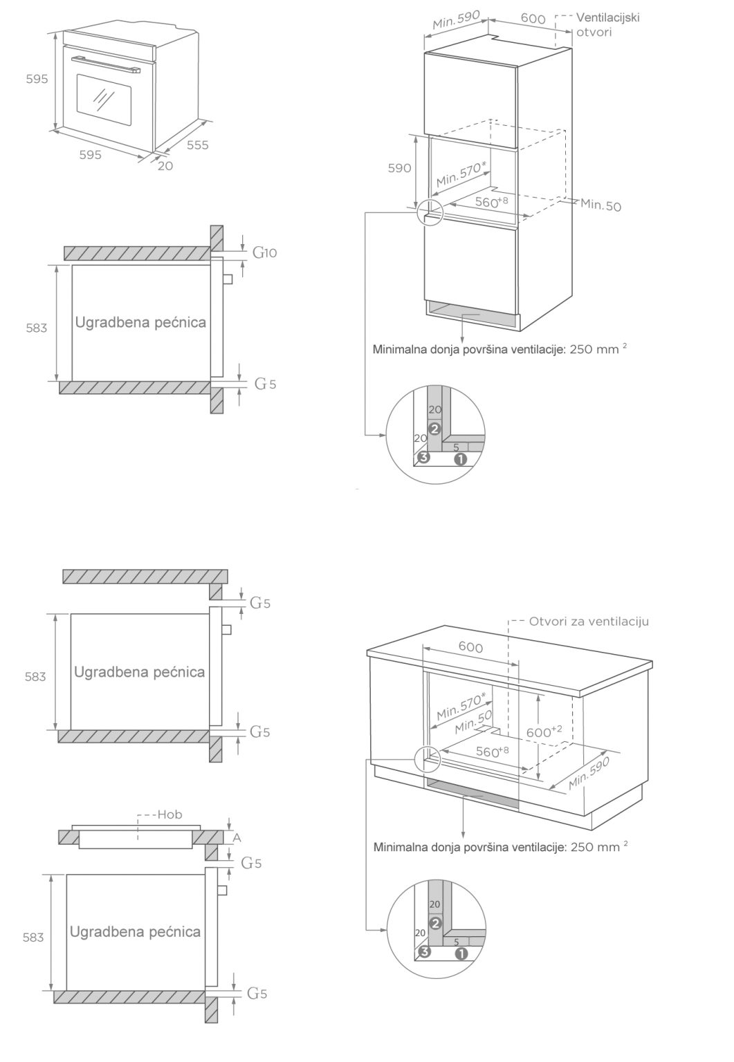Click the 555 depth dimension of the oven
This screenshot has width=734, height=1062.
[197, 145]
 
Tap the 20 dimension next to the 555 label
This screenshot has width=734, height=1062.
[165, 166]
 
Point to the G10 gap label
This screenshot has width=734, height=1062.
[264, 253]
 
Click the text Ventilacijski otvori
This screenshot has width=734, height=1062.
[607, 24]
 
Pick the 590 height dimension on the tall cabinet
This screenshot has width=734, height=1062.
[399, 168]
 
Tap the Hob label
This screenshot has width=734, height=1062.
[169, 814]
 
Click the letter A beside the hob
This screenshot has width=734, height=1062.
[237, 837]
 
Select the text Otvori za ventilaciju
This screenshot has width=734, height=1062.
[589, 622]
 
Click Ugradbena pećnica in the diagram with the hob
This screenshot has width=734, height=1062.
[135, 931]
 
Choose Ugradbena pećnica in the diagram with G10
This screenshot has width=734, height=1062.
[140, 322]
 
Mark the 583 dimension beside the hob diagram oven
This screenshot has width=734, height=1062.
[33, 938]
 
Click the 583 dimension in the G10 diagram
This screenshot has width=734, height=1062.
[36, 328]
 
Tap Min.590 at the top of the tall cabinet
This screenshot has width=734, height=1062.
[456, 21]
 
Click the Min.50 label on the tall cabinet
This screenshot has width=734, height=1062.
[600, 205]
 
